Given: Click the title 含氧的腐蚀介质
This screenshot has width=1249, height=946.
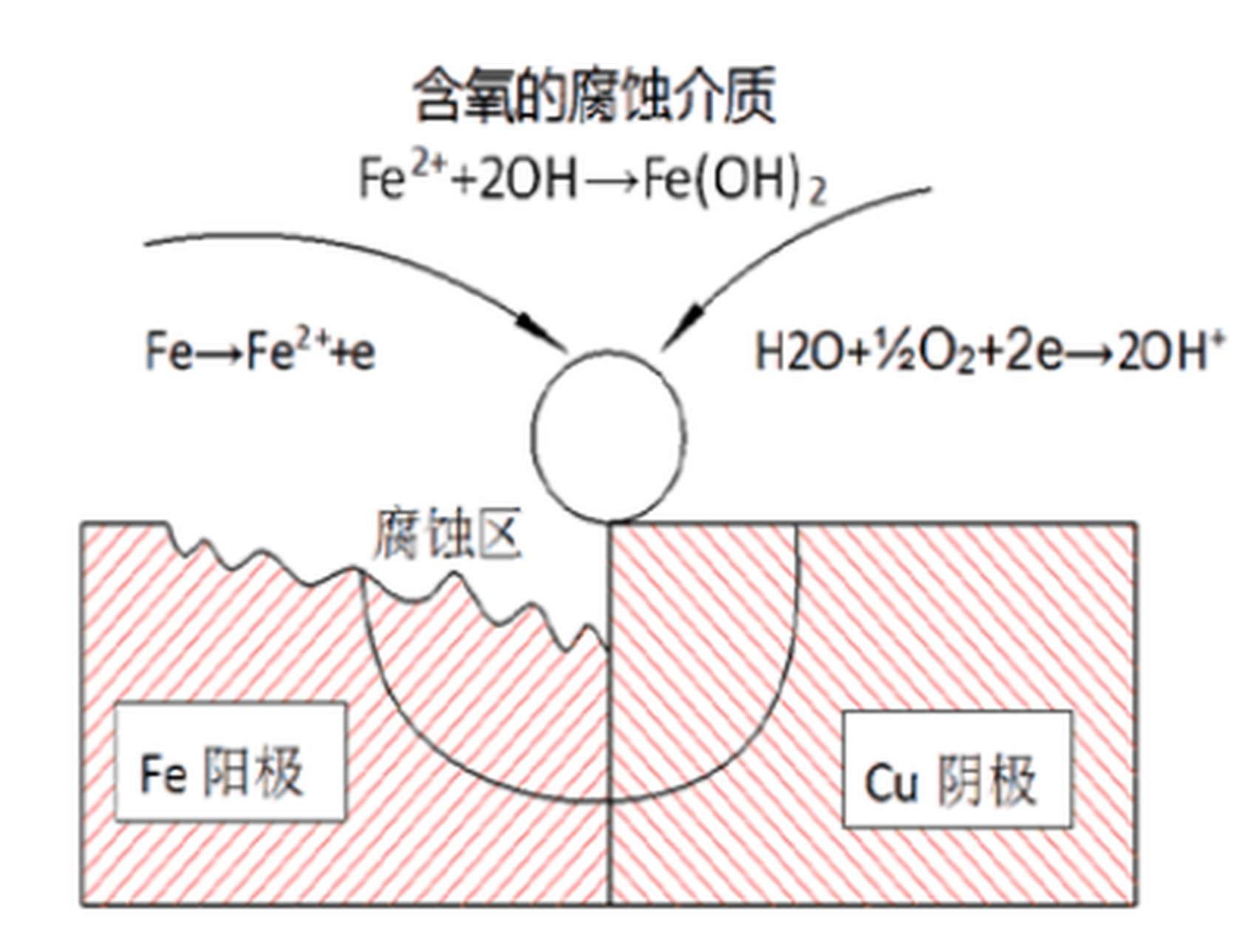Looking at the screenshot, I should pos(595,96).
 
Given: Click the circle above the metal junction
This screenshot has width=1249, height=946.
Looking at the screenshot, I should pos(608,436).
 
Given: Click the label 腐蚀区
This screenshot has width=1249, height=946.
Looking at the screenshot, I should pos(447,534).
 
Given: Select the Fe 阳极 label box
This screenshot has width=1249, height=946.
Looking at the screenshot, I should pos(230,761).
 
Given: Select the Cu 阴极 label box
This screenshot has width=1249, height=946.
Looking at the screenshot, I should pos(956,769).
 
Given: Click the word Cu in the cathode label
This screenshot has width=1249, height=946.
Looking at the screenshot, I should pos(891,783).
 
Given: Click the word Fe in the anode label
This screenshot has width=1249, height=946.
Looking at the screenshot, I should pos(163,775).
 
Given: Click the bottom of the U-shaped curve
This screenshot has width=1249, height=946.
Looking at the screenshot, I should pos(608,800).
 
